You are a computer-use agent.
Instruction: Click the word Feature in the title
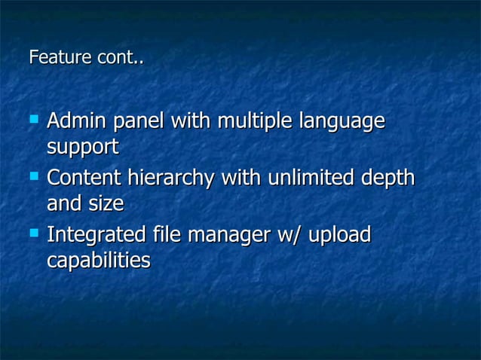(60, 57)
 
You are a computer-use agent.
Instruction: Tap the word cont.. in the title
(120, 57)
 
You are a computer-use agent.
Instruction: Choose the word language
(342, 122)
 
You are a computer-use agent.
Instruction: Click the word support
(82, 148)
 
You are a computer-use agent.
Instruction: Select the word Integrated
(97, 236)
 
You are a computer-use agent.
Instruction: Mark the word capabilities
(98, 262)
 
